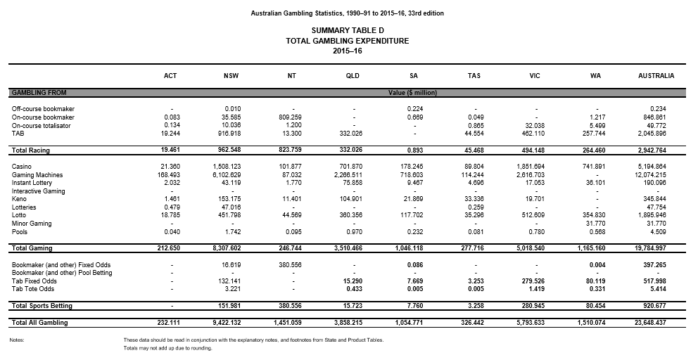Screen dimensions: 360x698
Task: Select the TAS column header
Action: coord(474,76)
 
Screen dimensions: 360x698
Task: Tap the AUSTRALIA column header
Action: coord(656,76)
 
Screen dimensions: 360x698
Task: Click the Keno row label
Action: coord(20,199)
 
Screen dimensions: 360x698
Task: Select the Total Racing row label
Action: coord(30,150)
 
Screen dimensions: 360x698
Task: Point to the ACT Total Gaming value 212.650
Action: coord(170,248)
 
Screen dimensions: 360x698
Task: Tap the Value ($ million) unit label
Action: coord(414,92)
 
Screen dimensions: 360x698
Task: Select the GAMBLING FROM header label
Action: coord(38,92)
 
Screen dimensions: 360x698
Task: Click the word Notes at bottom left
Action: coord(18,340)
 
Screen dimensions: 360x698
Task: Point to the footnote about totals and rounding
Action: coord(167,348)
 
